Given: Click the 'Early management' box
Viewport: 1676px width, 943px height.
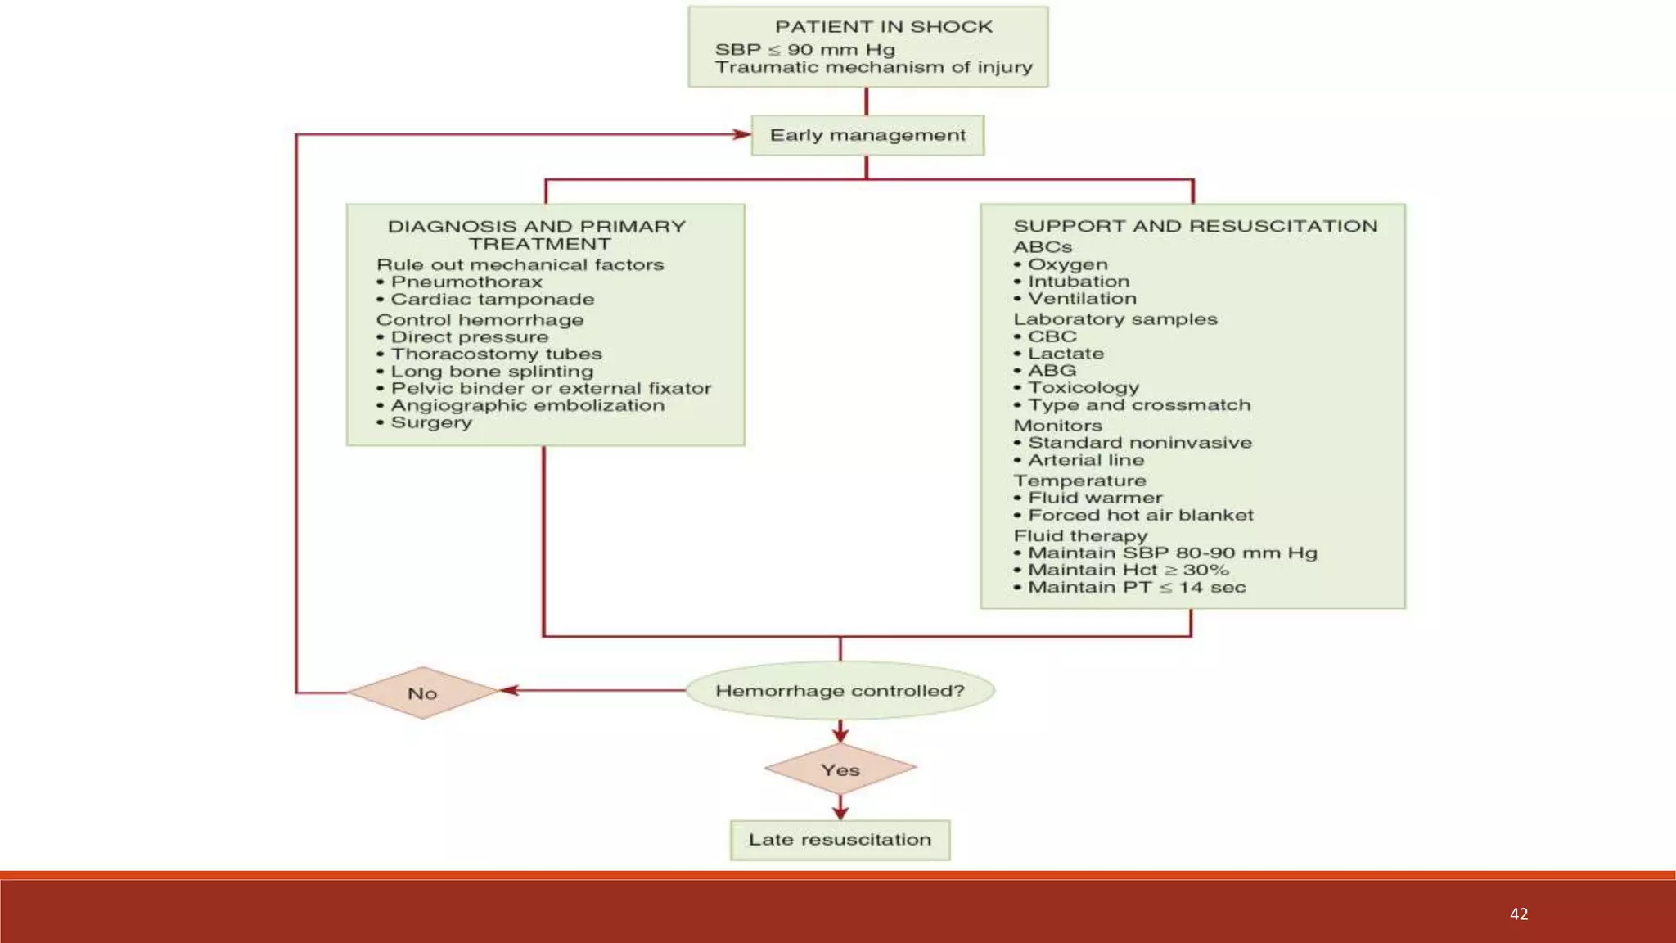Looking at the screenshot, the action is [x=867, y=135].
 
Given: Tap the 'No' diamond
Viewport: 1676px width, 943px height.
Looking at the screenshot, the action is [x=422, y=693].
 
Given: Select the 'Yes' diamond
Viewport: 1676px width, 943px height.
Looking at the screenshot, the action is [x=840, y=769].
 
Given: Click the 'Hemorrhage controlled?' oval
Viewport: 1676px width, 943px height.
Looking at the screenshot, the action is [x=840, y=691].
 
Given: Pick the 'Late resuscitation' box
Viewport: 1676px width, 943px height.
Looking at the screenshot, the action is [x=840, y=840].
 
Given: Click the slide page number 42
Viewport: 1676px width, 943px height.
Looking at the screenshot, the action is [x=1519, y=914].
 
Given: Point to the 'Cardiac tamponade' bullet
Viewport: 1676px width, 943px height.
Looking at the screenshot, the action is [x=485, y=300].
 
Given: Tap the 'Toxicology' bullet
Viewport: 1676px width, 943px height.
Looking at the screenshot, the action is [x=1076, y=388].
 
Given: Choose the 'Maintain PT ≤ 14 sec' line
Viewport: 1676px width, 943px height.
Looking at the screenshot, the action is [x=1129, y=588].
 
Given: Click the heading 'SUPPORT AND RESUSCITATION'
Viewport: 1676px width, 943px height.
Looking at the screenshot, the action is [x=1196, y=226].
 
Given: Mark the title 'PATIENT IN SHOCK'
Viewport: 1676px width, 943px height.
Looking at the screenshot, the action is [x=884, y=27].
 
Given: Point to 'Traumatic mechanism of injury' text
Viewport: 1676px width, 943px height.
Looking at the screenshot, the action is [x=874, y=68].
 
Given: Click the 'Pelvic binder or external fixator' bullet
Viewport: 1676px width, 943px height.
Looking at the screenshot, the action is [x=543, y=389].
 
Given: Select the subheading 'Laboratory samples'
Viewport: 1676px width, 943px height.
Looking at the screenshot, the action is [x=1115, y=319].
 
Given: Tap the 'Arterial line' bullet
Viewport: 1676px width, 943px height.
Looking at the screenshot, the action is [x=1079, y=461].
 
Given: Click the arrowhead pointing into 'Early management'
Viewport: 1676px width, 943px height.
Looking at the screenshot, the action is [x=742, y=134].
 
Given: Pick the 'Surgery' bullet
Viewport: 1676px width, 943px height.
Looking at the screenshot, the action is [x=424, y=423].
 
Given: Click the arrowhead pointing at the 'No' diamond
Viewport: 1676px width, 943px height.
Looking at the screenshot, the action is [x=509, y=690].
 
